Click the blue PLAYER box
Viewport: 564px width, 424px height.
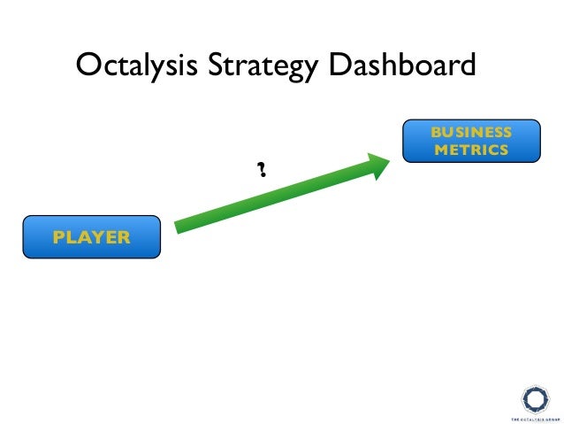[92, 236]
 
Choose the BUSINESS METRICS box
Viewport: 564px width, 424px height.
[471, 141]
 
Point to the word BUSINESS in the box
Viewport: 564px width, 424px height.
[471, 132]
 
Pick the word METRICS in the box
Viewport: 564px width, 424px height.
[471, 150]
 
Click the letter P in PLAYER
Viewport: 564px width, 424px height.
[58, 236]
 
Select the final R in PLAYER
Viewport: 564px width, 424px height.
[124, 236]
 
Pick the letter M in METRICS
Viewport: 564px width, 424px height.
[439, 150]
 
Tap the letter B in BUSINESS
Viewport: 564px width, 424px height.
[435, 132]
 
